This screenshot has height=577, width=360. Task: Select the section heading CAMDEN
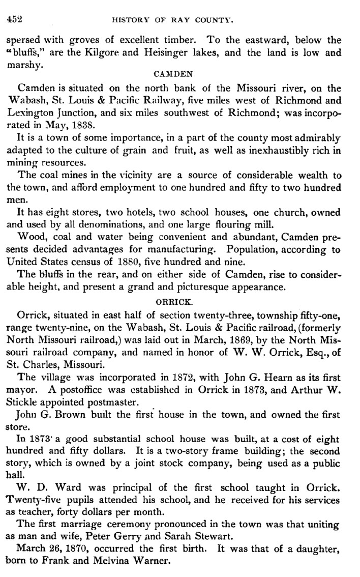178,74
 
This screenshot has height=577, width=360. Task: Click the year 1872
177,377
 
